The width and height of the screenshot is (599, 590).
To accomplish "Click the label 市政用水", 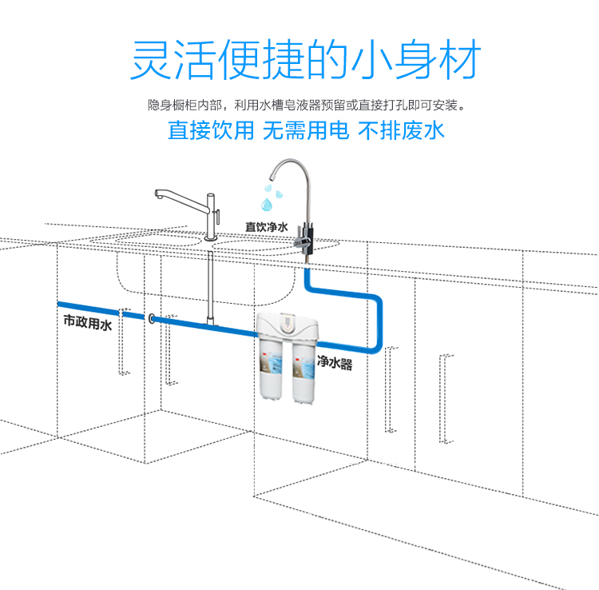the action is pos(88,322).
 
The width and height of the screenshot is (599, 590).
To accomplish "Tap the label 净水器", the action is pos(335,361).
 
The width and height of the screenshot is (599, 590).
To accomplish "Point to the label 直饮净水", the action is pos(266,227).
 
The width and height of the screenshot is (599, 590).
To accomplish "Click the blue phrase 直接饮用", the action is pos(211,130).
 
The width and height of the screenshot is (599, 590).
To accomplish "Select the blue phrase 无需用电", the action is pos(306,130).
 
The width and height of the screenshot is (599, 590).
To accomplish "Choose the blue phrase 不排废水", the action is pos(401,130).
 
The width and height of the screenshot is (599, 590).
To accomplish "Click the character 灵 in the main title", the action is pos(152,59).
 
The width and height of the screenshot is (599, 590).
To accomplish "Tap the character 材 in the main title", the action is pos(459,59).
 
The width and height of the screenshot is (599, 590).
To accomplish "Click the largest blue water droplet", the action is pos(267,204).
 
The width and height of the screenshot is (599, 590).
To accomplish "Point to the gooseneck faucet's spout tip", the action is pos(271,177).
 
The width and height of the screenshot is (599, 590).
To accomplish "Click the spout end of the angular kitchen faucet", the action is pos(159,195).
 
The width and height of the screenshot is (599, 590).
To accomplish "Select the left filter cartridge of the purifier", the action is pos(271,369).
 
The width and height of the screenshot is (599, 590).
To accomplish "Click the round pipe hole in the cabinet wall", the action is pos(151,318).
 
